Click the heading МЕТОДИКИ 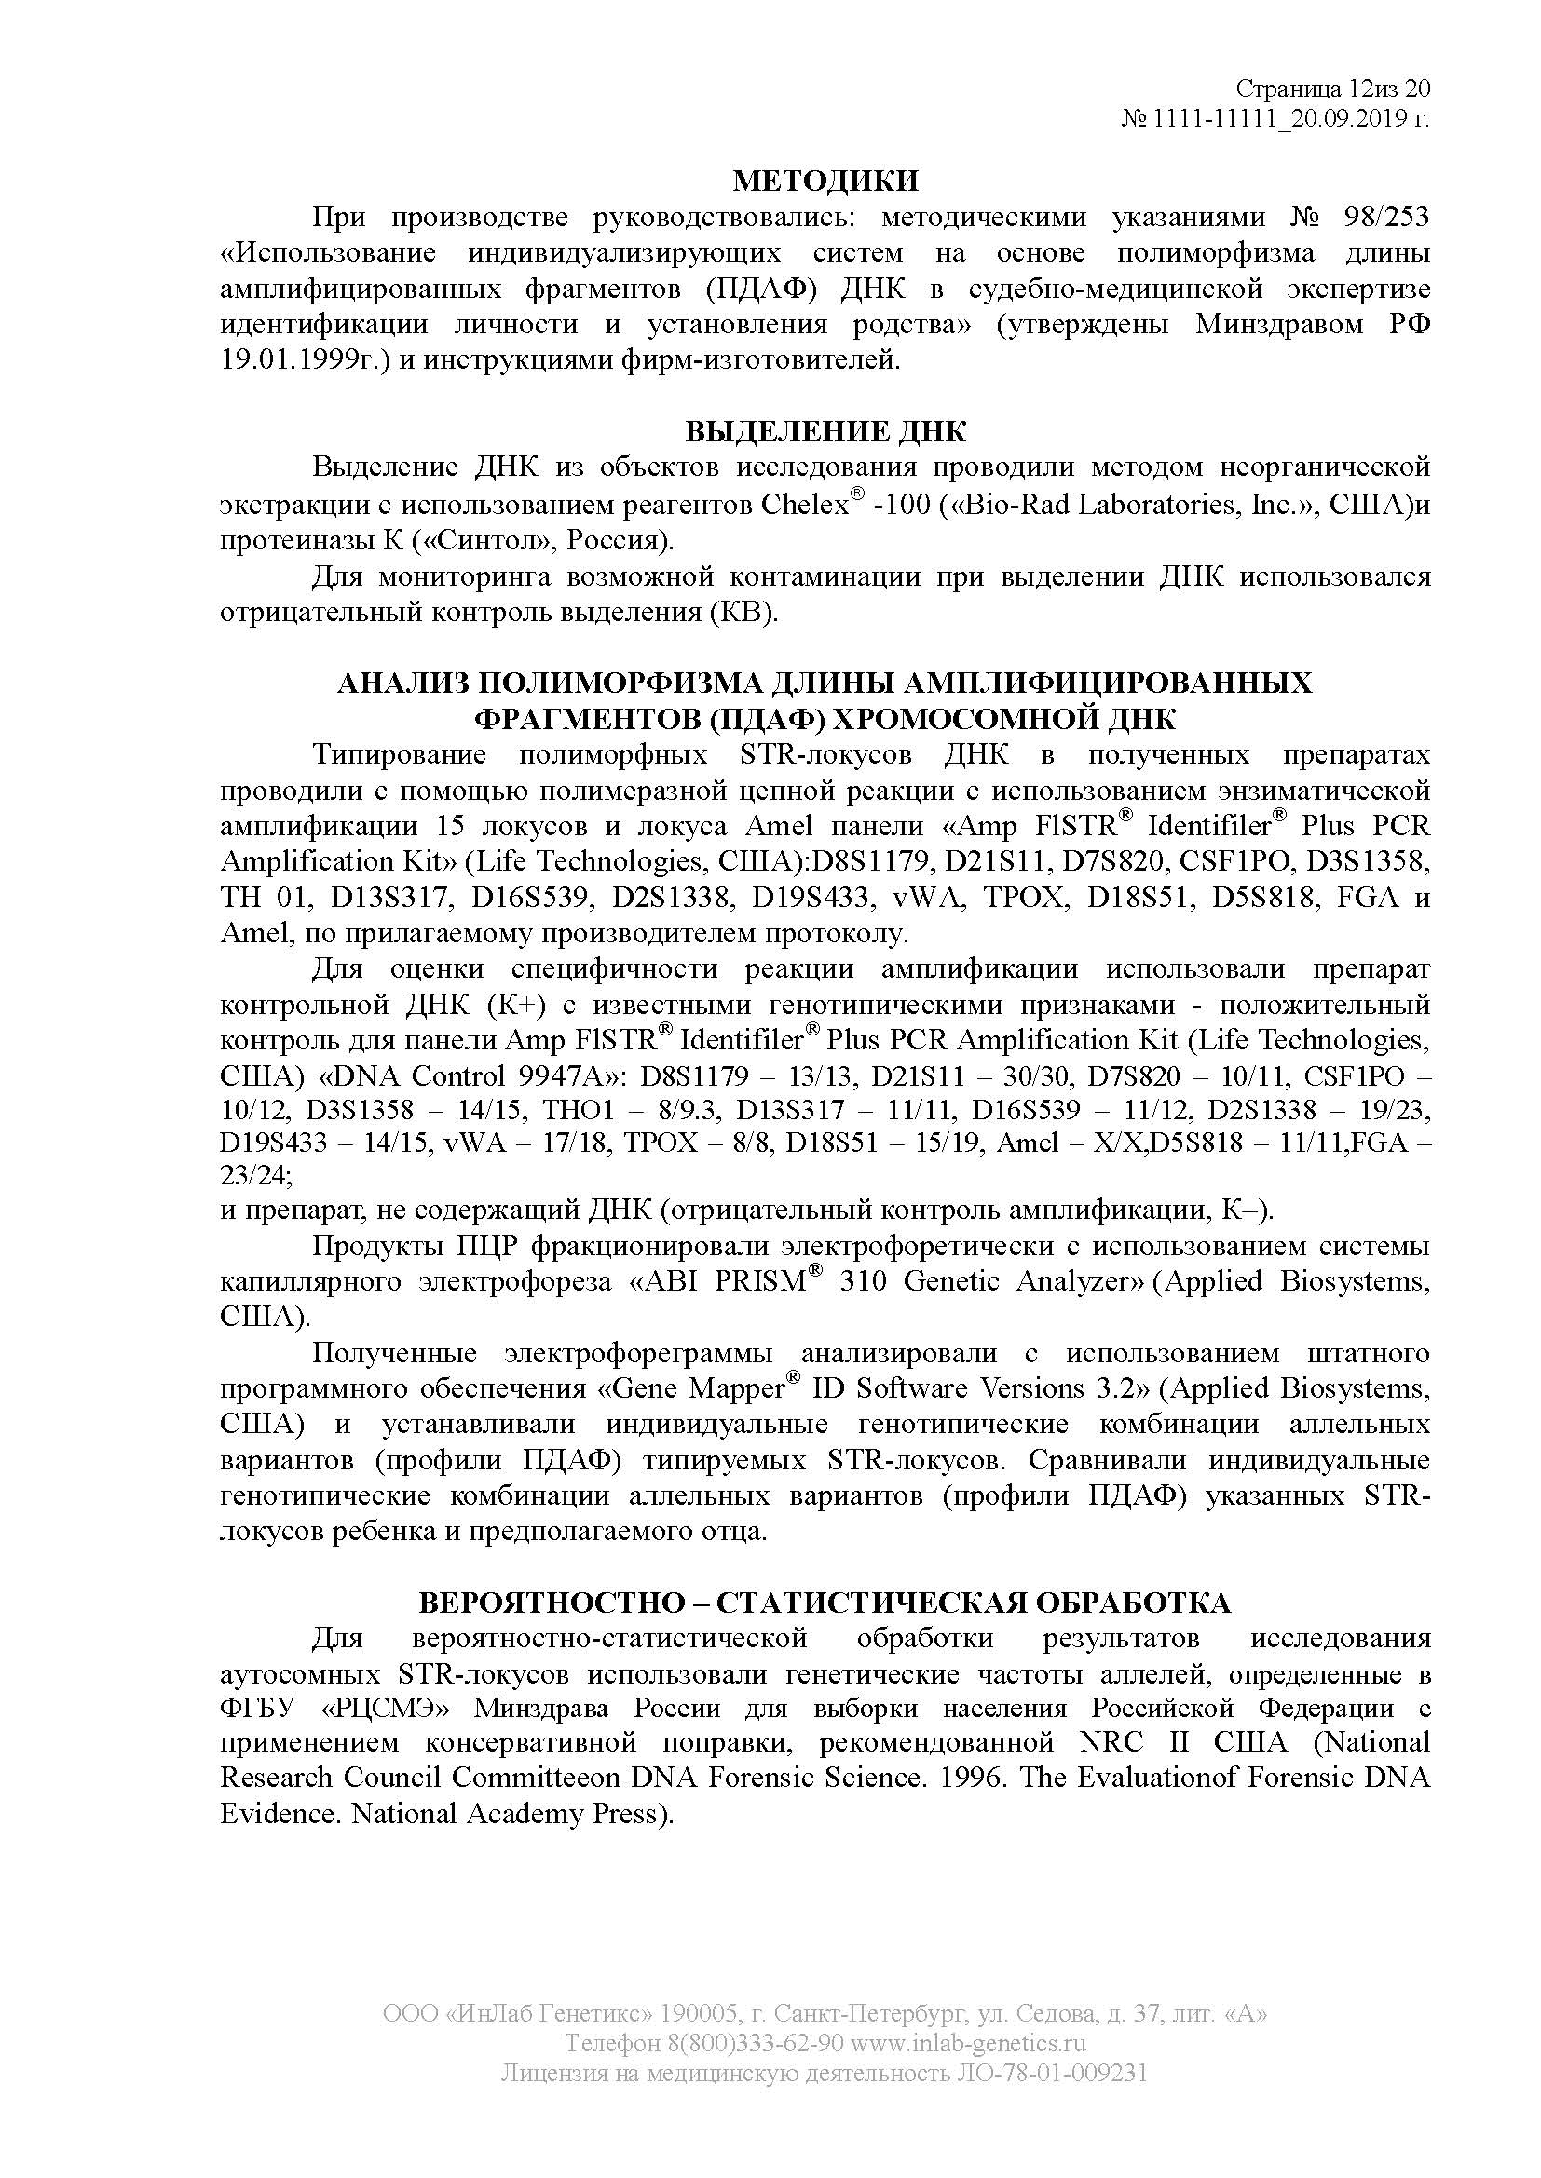825,181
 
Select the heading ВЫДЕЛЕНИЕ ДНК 825,432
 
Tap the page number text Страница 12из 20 1332,89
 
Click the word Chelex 803,505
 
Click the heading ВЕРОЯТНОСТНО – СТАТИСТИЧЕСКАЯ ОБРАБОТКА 825,1603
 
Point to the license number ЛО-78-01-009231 1050,2073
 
